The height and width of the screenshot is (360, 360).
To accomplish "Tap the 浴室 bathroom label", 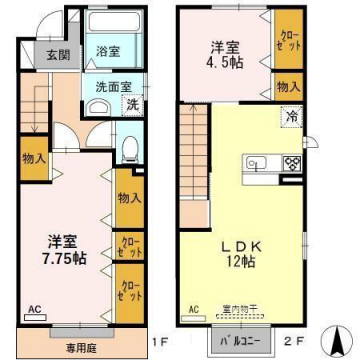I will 108,50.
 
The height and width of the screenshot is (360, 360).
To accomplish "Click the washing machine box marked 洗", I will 133,103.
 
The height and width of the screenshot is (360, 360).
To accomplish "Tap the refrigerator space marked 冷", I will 292,117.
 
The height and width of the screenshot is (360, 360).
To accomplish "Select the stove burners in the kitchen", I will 291,163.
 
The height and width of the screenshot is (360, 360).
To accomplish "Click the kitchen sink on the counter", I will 253,164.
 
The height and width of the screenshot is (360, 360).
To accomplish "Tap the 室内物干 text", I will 239,310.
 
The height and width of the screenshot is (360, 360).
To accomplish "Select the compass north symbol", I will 343,338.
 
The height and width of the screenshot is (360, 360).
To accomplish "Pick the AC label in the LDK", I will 195,310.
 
